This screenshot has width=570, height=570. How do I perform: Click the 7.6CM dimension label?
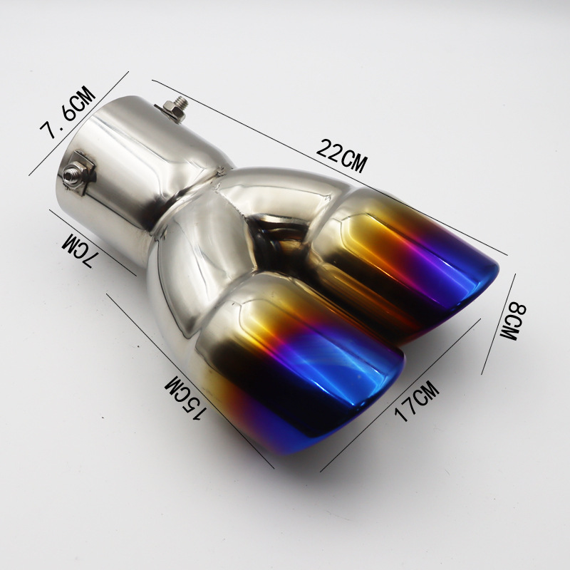pyautogui.click(x=67, y=113)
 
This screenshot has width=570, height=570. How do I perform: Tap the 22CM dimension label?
pyautogui.click(x=341, y=155)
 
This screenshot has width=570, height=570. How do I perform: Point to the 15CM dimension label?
pyautogui.click(x=185, y=398)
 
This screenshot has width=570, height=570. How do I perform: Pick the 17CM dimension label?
pyautogui.click(x=417, y=400)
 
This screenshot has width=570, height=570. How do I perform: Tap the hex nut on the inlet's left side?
pyautogui.click(x=71, y=174)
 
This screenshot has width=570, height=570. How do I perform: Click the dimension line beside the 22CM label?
pyautogui.click(x=329, y=167)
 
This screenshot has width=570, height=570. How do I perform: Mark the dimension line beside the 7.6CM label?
pyautogui.click(x=79, y=123)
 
